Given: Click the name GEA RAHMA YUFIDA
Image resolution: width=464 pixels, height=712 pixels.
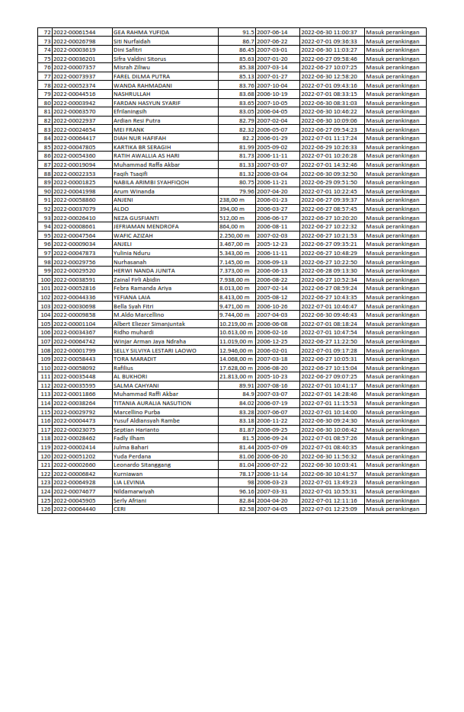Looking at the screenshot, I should [x=141, y=33].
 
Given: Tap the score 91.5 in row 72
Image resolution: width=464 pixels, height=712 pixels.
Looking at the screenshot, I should [x=248, y=33].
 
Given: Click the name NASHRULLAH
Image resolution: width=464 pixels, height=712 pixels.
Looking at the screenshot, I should [x=131, y=94].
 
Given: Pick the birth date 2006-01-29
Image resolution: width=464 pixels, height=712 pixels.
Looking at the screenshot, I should [x=273, y=138].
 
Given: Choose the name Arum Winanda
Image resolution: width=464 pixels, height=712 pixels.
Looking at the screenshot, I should [x=133, y=191].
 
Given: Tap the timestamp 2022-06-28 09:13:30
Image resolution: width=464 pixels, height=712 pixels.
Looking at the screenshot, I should [x=329, y=270].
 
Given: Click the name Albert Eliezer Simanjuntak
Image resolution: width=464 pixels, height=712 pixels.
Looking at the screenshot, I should [x=149, y=323].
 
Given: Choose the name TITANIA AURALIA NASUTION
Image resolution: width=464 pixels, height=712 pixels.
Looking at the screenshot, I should [x=152, y=403].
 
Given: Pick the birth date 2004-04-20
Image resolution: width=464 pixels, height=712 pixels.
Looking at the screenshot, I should [x=273, y=500].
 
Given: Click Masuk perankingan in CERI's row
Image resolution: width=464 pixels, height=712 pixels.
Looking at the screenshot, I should [x=392, y=509].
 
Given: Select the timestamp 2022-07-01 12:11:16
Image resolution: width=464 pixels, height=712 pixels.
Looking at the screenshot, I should [x=329, y=500].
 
